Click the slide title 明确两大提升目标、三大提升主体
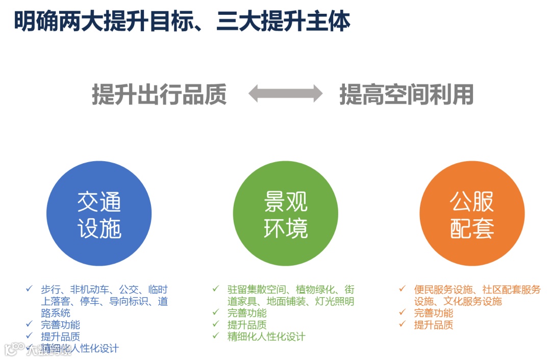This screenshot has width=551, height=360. point(182,21)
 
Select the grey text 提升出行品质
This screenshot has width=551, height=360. point(159,94)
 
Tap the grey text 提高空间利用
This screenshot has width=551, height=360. point(407,94)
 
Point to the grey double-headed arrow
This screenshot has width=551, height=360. point(285,94)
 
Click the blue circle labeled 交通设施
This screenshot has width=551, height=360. point(99,214)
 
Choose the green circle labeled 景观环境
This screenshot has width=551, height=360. point(286,214)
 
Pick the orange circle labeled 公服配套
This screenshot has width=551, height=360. point(472,214)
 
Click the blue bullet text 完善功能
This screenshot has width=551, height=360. point(60,325)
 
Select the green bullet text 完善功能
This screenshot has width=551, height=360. point(247,313)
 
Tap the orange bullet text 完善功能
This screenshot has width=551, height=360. point(434,313)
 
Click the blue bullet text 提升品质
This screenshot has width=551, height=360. point(60,337)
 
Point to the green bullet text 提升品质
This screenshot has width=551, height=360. point(247,325)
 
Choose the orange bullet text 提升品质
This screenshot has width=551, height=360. point(434,325)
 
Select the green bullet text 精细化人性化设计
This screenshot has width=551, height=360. point(266,337)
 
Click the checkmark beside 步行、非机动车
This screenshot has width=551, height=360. point(30,289)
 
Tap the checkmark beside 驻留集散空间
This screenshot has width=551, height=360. point(216,289)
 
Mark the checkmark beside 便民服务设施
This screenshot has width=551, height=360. point(403,289)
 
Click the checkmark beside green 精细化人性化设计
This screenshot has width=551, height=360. point(216,336)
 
